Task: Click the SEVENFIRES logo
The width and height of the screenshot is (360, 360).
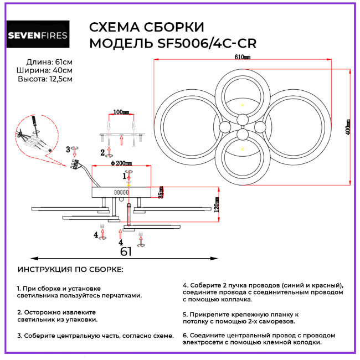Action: (37, 35)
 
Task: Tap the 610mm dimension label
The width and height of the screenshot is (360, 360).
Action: (243, 57)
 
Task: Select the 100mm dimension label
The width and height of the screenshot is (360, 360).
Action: (121, 112)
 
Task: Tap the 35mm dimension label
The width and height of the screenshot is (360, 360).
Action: (161, 192)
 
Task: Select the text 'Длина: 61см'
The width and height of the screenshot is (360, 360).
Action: (49, 61)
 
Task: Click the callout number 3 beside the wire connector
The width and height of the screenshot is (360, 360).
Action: (68, 149)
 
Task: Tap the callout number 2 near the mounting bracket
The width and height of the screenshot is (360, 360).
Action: (102, 152)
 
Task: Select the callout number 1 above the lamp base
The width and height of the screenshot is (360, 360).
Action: (125, 176)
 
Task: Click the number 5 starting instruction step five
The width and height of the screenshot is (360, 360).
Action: (184, 313)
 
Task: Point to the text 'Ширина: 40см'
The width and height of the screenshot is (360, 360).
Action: (48, 70)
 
